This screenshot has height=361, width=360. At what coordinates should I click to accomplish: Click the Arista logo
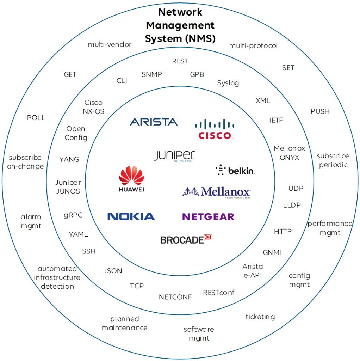(154, 122)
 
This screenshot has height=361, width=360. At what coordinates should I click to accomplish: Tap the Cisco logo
(215, 129)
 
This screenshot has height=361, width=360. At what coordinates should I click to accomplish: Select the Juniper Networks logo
(174, 157)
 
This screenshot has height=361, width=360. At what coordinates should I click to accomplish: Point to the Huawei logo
(131, 179)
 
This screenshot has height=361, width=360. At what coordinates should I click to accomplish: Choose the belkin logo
(235, 170)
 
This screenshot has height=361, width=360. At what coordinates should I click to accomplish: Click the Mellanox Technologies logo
(217, 192)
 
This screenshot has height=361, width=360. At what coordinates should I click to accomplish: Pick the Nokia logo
(131, 216)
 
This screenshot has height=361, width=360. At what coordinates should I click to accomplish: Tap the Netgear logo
(208, 216)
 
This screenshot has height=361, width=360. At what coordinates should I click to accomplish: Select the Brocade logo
(186, 239)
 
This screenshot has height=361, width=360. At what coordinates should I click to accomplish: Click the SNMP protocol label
(152, 74)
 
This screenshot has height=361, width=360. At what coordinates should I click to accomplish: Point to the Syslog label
(228, 83)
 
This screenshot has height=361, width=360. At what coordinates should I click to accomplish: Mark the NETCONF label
(175, 297)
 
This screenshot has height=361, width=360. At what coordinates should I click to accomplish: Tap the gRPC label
(73, 215)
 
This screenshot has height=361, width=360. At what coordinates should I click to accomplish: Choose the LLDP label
(292, 205)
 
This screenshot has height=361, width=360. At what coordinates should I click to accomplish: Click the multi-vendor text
(110, 44)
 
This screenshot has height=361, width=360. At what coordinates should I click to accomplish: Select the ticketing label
(260, 317)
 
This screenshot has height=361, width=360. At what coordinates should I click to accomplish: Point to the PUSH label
(320, 111)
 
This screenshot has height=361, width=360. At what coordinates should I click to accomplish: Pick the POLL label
(36, 118)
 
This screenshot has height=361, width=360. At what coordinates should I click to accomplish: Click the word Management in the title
(180, 25)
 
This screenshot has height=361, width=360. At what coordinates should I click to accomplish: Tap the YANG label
(69, 159)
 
